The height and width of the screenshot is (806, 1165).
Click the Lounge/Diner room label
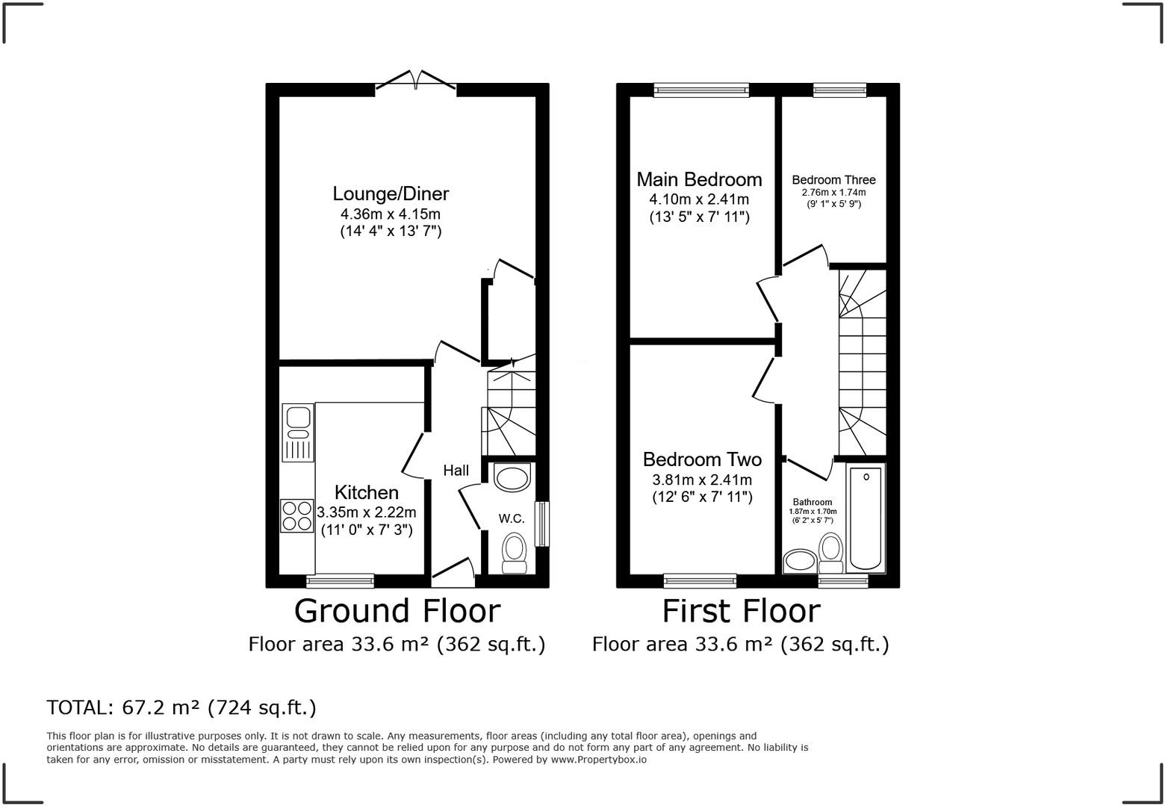[391, 194]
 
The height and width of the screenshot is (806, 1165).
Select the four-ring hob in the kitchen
[296, 515]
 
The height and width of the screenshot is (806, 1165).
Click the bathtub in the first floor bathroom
[866, 518]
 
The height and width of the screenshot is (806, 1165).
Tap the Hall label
[456, 470]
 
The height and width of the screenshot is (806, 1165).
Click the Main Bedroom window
[700, 90]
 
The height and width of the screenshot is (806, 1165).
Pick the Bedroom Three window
[839, 90]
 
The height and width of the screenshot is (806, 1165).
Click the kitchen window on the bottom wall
[340, 580]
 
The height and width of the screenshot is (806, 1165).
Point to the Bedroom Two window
[700, 580]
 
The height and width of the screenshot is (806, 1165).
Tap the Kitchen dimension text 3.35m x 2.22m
[367, 512]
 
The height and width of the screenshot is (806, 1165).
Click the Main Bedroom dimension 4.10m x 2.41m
[699, 199]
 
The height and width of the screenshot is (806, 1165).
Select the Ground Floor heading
[397, 611]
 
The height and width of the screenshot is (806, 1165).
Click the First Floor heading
[741, 611]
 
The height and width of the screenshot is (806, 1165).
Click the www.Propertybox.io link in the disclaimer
[599, 760]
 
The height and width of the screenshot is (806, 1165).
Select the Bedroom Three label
[833, 180]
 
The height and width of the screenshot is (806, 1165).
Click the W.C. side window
[543, 524]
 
